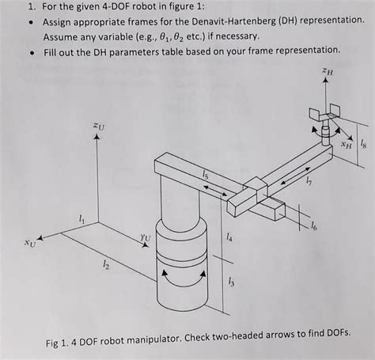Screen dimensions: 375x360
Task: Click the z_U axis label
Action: tap(99, 127)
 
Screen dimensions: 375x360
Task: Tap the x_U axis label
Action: tap(29, 244)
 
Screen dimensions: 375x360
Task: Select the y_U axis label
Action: tap(146, 237)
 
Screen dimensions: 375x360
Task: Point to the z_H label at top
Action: tap(328, 71)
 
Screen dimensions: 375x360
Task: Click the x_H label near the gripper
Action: tap(347, 145)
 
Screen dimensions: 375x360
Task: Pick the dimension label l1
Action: tap(82, 218)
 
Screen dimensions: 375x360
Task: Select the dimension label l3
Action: tap(231, 282)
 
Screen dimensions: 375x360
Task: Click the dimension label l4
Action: tap(229, 237)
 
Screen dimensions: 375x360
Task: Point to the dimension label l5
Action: tap(205, 174)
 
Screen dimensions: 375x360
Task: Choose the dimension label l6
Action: tap(314, 226)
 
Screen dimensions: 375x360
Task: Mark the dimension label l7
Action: tap(309, 181)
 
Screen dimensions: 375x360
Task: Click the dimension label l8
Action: tap(363, 145)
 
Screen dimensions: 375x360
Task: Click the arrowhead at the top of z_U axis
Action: tap(97, 137)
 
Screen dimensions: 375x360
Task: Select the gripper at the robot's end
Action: tap(324, 112)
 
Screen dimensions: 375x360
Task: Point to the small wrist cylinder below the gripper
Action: tap(326, 135)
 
